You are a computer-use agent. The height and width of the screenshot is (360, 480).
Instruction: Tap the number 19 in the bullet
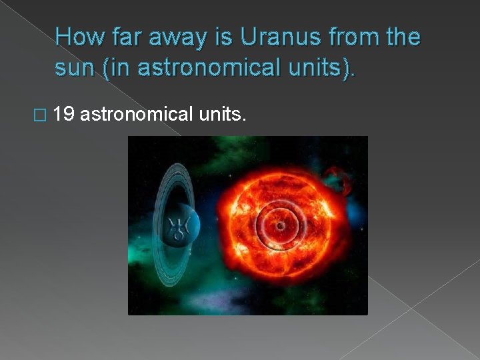[x=64, y=116]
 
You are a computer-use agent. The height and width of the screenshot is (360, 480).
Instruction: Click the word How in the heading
[x=79, y=37]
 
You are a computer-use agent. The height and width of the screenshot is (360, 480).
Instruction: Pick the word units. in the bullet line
[x=223, y=116]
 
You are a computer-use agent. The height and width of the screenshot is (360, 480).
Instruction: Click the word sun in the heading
[x=73, y=67]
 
